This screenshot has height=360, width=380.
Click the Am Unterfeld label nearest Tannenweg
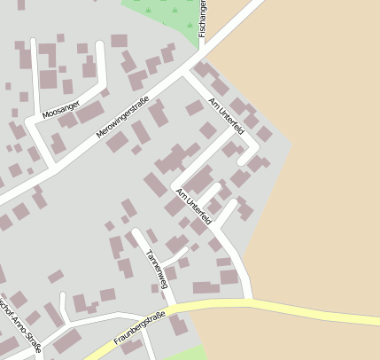pos(193,205)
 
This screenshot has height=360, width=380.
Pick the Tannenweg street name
pos(157,269)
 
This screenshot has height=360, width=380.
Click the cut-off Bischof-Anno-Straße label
pos(19,325)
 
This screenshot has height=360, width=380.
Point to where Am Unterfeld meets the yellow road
pos(252,301)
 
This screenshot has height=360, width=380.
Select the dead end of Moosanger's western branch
pos(34,43)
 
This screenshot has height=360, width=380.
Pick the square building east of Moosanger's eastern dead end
pos(119,41)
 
